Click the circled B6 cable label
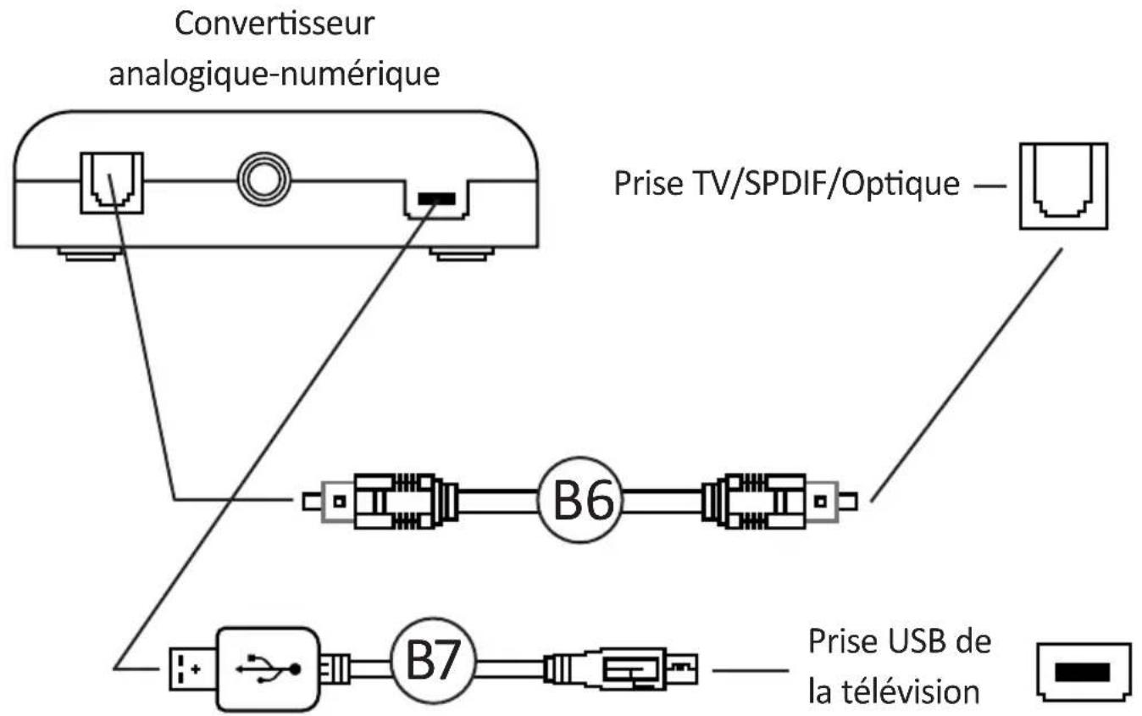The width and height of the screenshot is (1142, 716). tap(580, 501)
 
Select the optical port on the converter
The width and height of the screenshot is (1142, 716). tap(111, 181)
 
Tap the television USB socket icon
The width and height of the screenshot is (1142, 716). tap(1080, 672)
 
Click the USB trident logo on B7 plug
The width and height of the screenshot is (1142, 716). tap(269, 667)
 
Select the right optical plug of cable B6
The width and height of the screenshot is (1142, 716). tap(779, 501)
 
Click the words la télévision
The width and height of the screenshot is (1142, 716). tap(894, 692)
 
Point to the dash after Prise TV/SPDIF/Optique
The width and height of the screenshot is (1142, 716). tap(988, 185)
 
